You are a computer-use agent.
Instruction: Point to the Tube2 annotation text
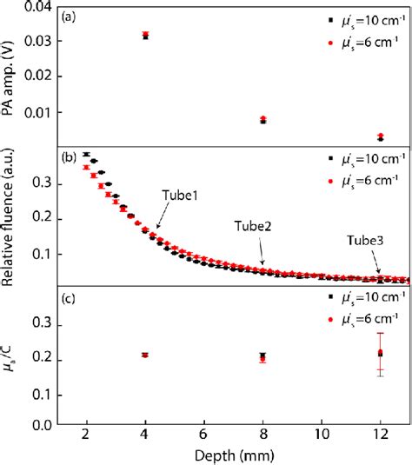tap(251, 225)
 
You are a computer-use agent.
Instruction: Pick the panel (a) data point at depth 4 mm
tap(145, 36)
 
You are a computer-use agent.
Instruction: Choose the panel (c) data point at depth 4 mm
tap(145, 355)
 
